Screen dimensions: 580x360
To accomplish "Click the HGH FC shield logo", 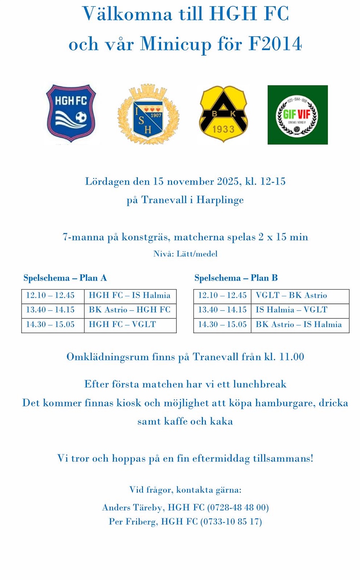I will coord(71,113).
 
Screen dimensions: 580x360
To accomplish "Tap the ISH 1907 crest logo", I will coord(148,115).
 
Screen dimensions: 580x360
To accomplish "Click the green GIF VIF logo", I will coord(297,115).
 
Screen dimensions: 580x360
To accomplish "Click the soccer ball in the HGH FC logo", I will coord(81,117).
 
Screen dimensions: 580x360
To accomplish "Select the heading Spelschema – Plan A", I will coord(65,278).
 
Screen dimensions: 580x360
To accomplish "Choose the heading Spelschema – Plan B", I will coord(236,278).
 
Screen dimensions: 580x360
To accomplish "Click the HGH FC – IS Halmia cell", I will coord(130,295).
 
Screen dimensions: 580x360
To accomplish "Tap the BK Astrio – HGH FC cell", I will coord(130,310).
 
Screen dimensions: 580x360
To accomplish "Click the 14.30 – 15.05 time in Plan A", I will coord(50,324).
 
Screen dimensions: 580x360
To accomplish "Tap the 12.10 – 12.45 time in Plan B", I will coord(222,295).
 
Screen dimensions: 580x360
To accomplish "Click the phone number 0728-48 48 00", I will coord(238,507).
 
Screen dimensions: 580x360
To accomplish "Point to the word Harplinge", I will coord(220,200).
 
